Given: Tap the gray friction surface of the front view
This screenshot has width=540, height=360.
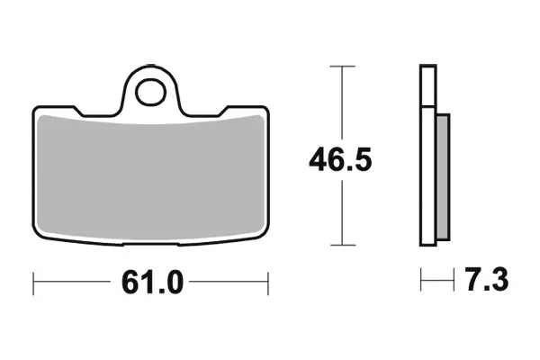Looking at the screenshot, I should [150, 175].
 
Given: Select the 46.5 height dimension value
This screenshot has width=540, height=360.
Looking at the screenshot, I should [340, 161].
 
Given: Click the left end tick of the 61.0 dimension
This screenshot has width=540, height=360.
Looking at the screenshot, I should [33, 283].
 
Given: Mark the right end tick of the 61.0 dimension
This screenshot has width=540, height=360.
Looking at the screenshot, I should [268, 283].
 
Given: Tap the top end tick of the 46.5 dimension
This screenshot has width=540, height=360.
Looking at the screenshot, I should [339, 67].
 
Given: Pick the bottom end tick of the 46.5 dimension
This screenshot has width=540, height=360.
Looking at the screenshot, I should [339, 245].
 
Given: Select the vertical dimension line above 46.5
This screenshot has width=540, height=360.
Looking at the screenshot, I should [339, 103].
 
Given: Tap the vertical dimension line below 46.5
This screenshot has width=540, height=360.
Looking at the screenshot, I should [339, 216].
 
